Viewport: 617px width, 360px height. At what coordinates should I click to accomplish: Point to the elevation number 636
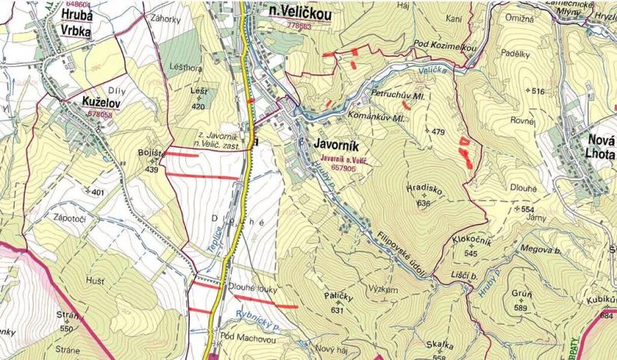click(x=422, y=203)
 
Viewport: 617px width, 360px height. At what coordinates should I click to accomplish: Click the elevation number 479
click(x=438, y=132)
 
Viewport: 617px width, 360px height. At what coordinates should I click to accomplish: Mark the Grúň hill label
click(x=521, y=295)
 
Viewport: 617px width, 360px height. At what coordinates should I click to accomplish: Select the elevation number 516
click(x=537, y=92)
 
